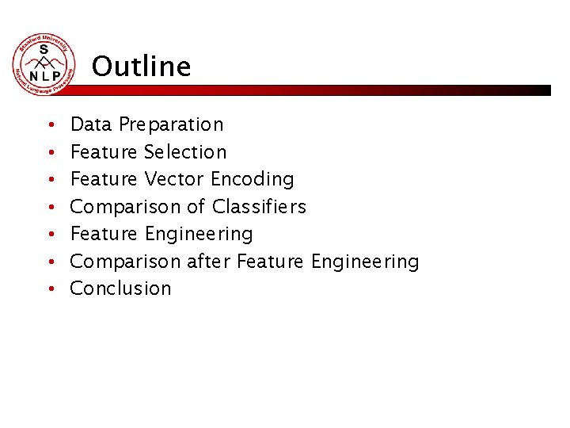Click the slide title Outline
coord(141,67)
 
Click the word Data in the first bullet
coord(92,124)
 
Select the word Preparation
coord(171,124)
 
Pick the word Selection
coord(185,151)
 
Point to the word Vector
coord(174,179)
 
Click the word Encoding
coord(253,179)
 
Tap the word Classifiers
coord(259,207)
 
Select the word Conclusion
coord(120,289)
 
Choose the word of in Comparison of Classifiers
coord(196,207)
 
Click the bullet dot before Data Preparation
coord(49,125)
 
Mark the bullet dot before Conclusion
coord(49,289)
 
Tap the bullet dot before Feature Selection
coord(49,152)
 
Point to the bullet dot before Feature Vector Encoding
coord(49,180)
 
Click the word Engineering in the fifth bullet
coord(199,235)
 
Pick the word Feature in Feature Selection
coord(104,151)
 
